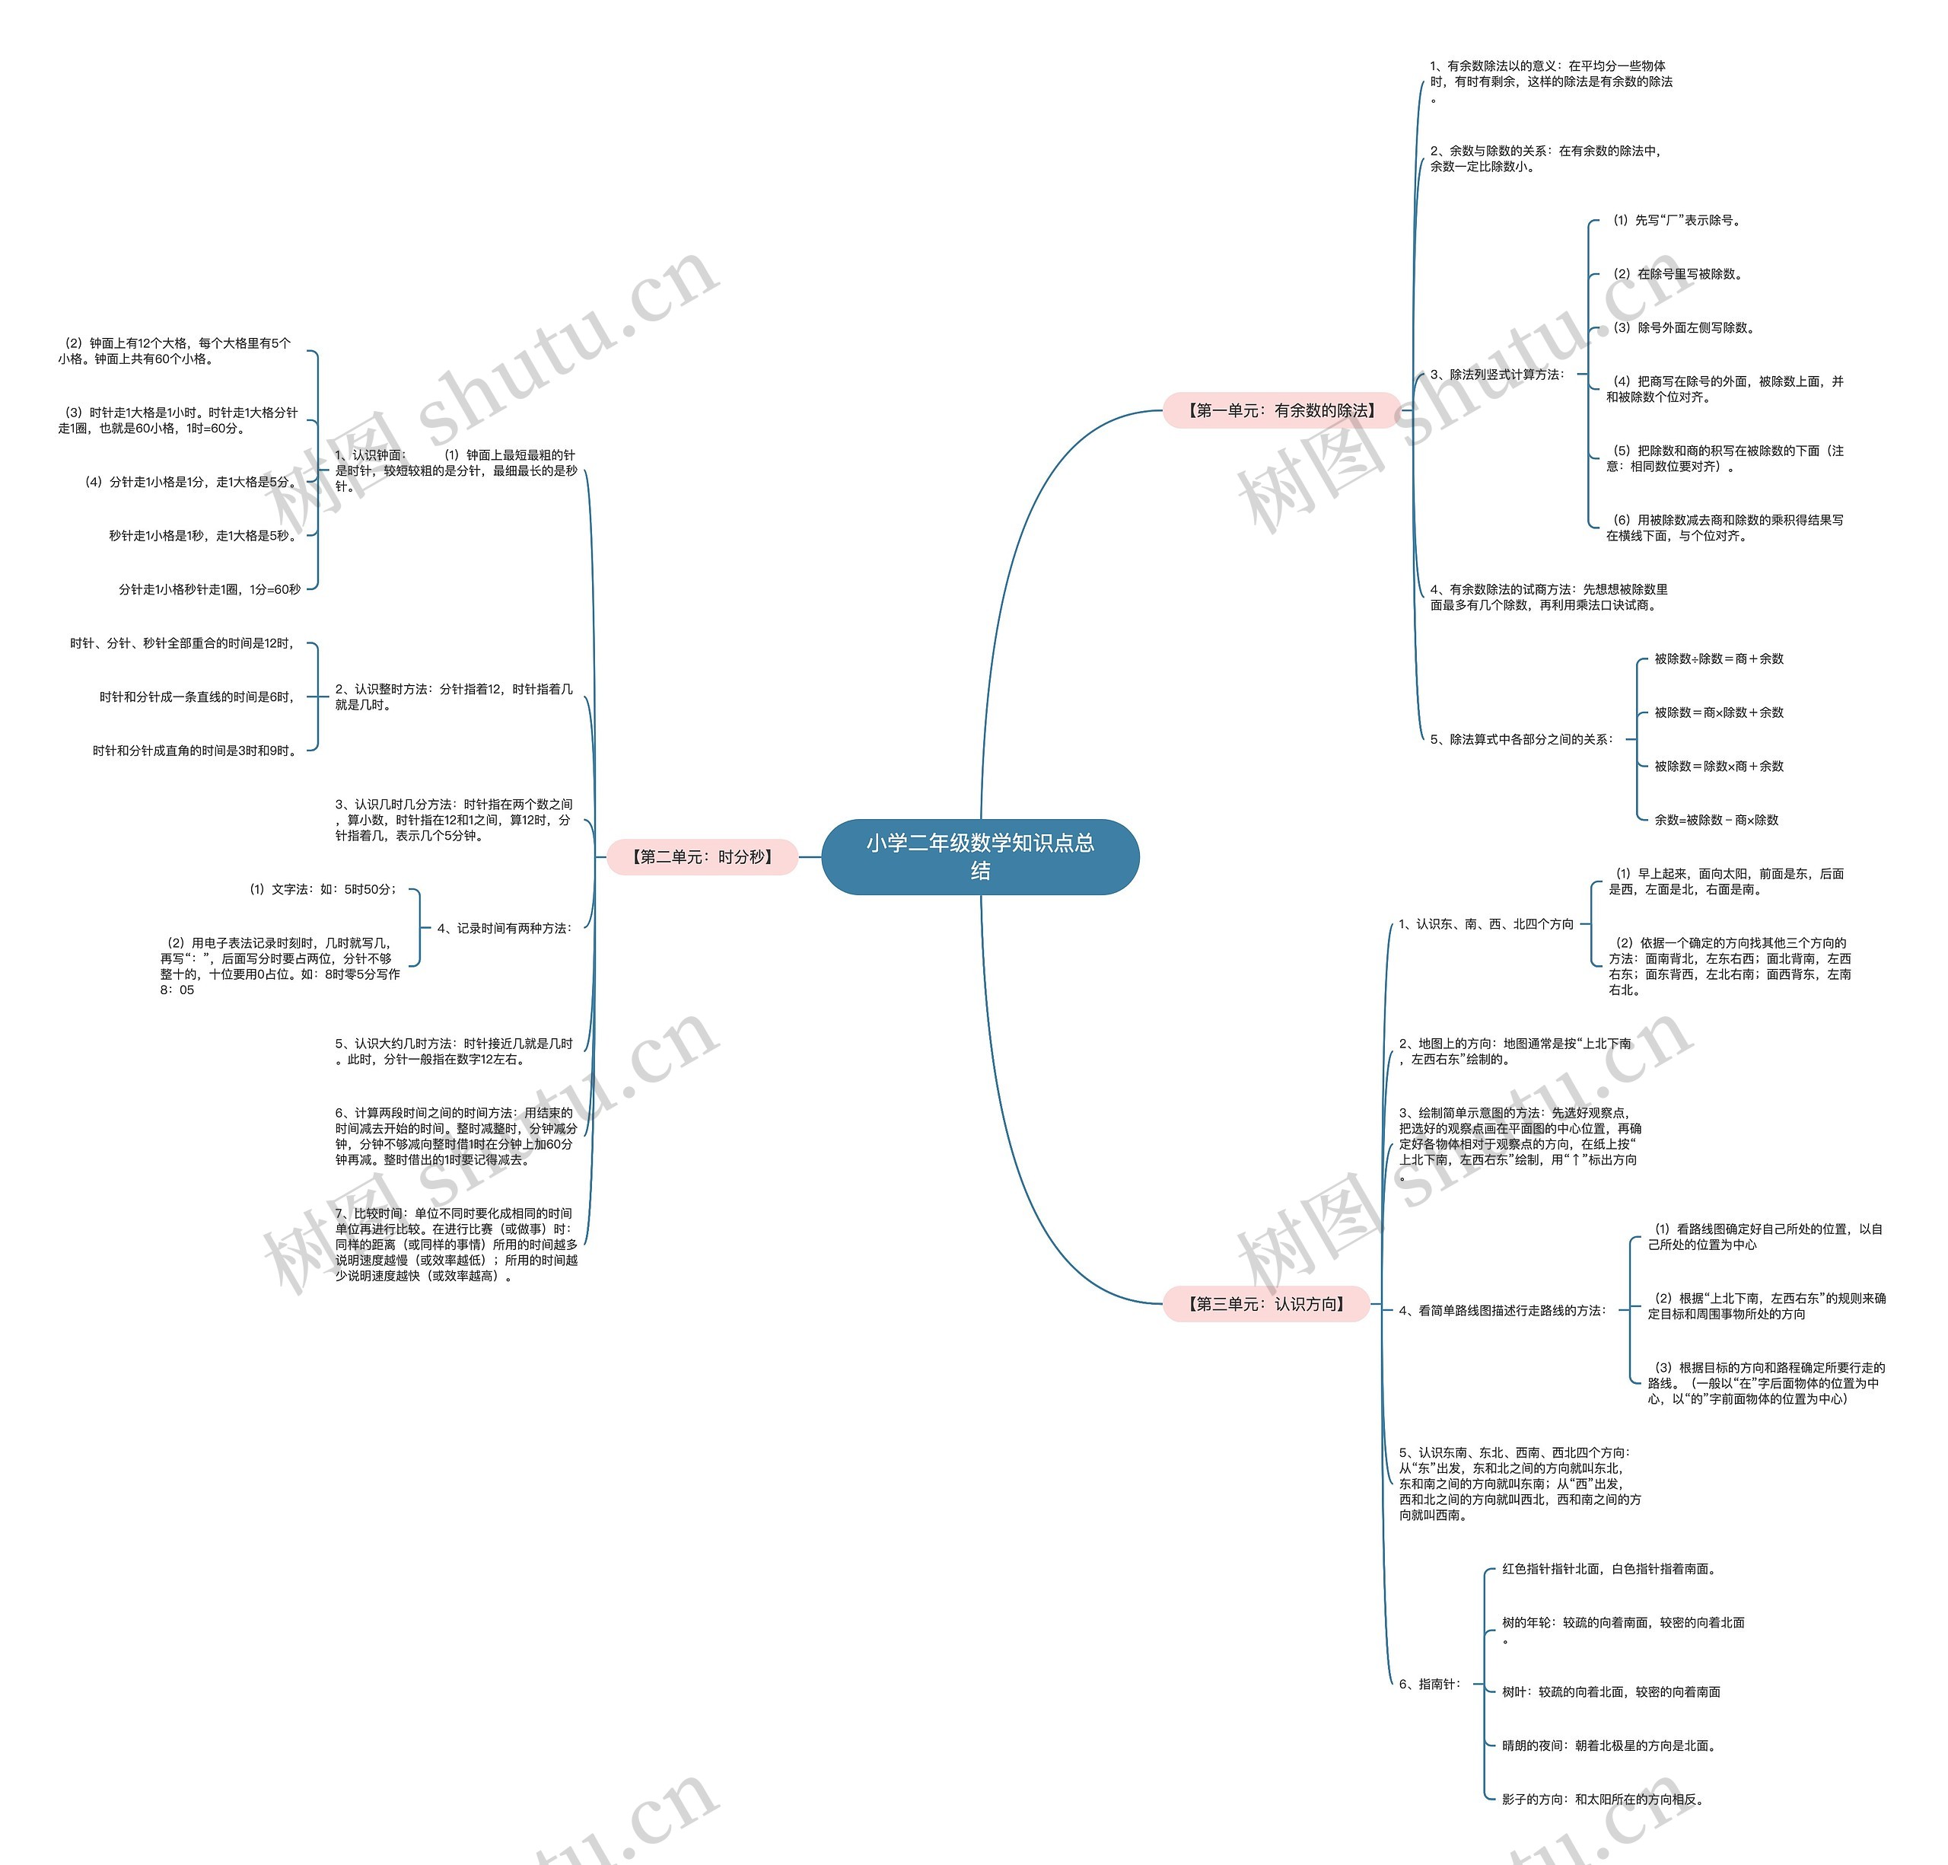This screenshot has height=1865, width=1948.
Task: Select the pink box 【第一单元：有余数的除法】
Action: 1281,410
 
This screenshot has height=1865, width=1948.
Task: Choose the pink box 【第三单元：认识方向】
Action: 1266,1303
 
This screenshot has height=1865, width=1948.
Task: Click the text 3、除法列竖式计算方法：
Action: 1497,375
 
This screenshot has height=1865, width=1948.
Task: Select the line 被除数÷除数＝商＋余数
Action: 1718,659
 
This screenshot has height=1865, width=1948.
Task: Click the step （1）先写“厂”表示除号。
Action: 1676,221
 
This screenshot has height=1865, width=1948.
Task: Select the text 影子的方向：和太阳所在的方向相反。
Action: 1604,1800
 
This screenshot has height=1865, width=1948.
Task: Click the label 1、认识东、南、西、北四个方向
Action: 1486,925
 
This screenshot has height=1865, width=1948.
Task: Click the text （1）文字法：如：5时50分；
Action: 323,890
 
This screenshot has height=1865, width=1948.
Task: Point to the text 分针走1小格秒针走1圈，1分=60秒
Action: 210,589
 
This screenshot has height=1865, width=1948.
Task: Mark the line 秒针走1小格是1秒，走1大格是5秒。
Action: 204,536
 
